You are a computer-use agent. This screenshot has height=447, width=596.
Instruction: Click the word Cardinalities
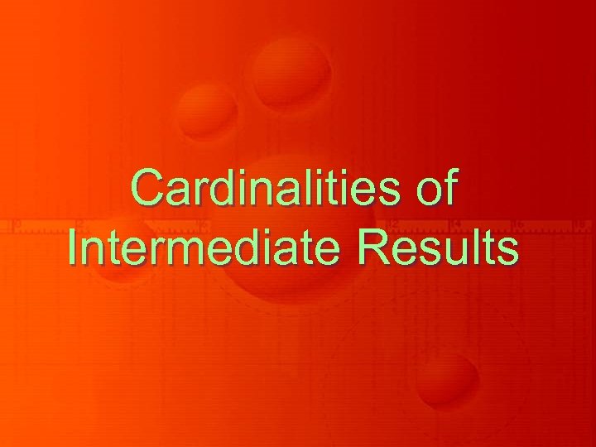pyautogui.click(x=265, y=189)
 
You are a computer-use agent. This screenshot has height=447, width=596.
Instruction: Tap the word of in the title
pyautogui.click(x=435, y=189)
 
